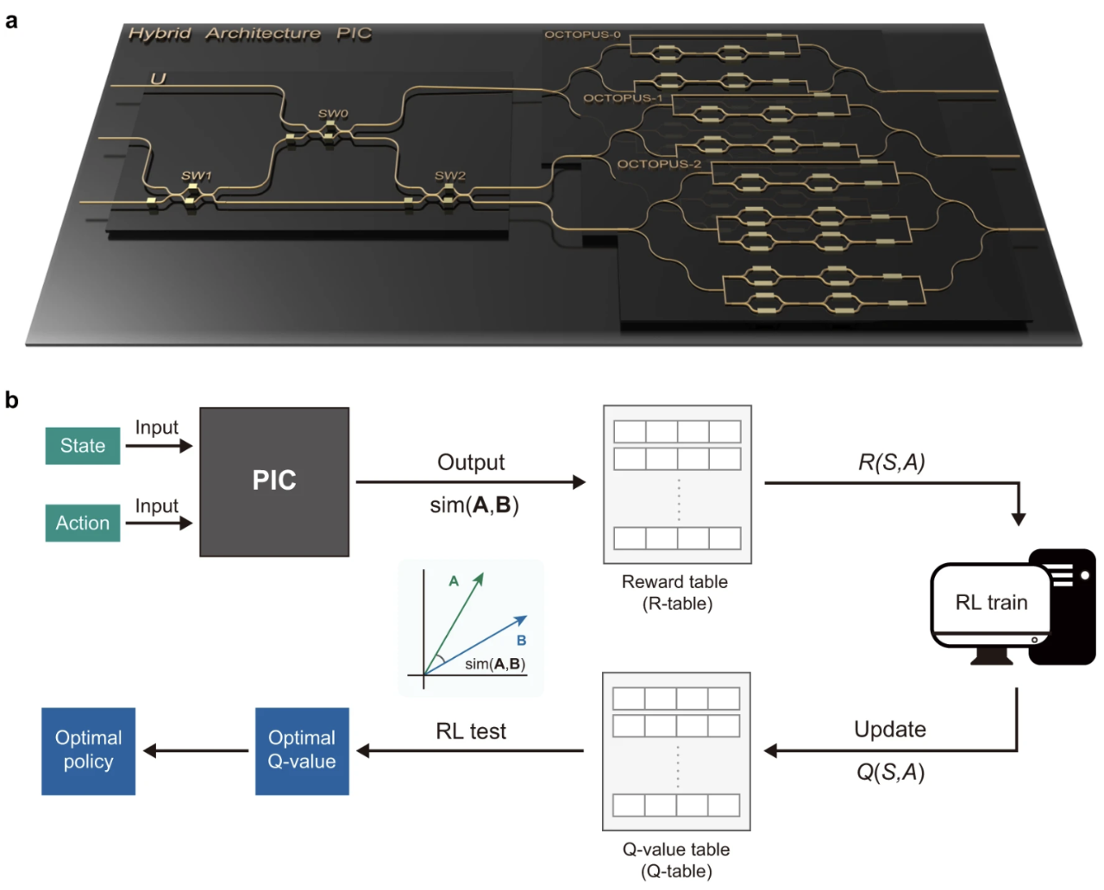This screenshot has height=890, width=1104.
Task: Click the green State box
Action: click(83, 446)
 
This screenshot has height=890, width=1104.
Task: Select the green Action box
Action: click(83, 523)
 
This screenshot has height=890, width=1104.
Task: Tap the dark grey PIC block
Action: click(274, 481)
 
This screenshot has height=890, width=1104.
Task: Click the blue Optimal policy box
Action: click(88, 750)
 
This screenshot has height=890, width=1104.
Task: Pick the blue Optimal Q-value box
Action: click(302, 750)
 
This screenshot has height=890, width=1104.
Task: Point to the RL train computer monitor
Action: click(991, 603)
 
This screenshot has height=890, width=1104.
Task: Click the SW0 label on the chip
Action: click(333, 114)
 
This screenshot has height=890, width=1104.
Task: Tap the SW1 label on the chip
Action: click(196, 176)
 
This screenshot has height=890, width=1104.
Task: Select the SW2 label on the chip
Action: click(449, 176)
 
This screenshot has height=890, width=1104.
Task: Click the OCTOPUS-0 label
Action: click(582, 34)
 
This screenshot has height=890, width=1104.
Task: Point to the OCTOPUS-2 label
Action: click(659, 164)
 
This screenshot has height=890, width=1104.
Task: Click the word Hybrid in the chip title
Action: click(160, 34)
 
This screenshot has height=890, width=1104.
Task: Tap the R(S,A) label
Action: click(891, 462)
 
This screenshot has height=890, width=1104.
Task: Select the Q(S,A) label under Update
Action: click(890, 772)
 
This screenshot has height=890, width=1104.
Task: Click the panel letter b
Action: click(11, 400)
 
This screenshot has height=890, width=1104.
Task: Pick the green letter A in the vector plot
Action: click(454, 581)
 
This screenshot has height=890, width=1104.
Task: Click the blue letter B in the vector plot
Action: click(521, 641)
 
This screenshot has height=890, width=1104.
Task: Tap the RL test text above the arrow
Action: click(471, 731)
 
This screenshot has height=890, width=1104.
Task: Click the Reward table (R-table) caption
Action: click(676, 592)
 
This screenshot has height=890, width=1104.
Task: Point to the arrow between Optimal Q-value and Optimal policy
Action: click(196, 751)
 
